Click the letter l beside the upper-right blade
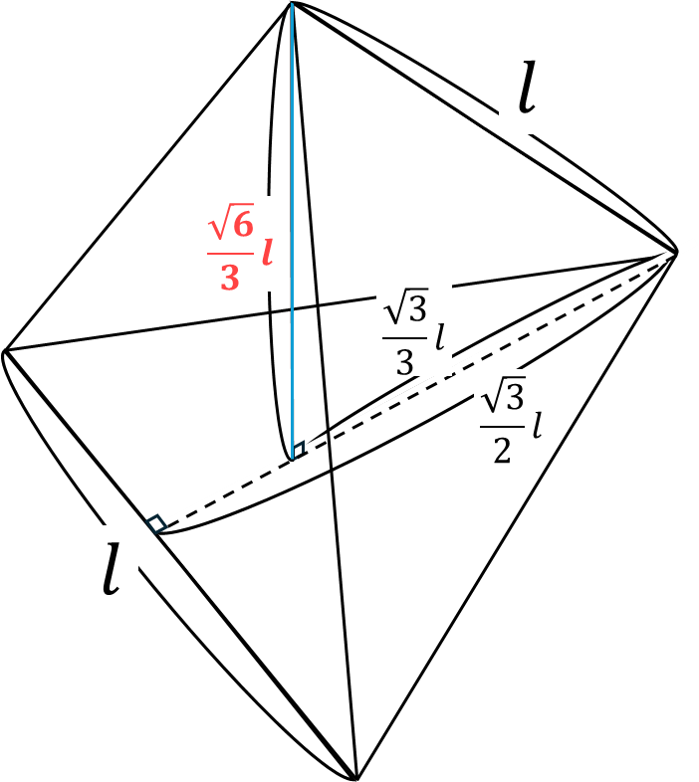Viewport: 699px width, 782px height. [526, 90]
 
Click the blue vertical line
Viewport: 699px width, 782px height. [293, 199]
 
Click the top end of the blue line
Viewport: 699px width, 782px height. [293, 5]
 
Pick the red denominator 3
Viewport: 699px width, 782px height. [229, 277]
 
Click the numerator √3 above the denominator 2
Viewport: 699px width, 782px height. [502, 398]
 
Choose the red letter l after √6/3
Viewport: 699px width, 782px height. [266, 254]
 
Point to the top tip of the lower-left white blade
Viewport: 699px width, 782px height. [6, 355]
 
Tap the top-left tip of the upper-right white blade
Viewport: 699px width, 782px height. [303, 8]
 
